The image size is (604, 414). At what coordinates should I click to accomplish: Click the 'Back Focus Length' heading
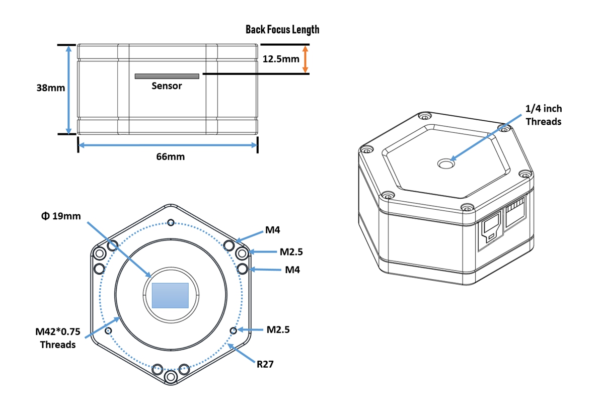coord(282,29)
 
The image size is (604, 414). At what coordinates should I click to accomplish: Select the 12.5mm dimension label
coord(281,59)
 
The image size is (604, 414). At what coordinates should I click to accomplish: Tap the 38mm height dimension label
coord(50,88)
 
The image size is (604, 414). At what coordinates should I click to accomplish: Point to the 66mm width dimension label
coord(170,156)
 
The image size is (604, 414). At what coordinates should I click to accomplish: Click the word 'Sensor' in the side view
coord(167,86)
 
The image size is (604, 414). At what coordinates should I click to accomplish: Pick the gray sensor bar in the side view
coord(167,76)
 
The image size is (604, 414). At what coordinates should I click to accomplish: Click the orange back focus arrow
coord(304,59)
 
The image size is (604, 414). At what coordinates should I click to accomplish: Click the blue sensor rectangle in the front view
coord(170,295)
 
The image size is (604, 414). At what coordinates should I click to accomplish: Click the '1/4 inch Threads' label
coord(543,115)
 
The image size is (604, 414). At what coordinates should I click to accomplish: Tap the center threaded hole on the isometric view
coord(445,163)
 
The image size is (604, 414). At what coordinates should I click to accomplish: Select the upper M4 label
coord(272,230)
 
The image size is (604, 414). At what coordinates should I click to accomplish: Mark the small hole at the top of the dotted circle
coord(171,222)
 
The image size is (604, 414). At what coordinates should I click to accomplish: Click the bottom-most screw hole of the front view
coord(171,377)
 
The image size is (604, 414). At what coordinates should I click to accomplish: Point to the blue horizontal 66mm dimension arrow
coord(168,145)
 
